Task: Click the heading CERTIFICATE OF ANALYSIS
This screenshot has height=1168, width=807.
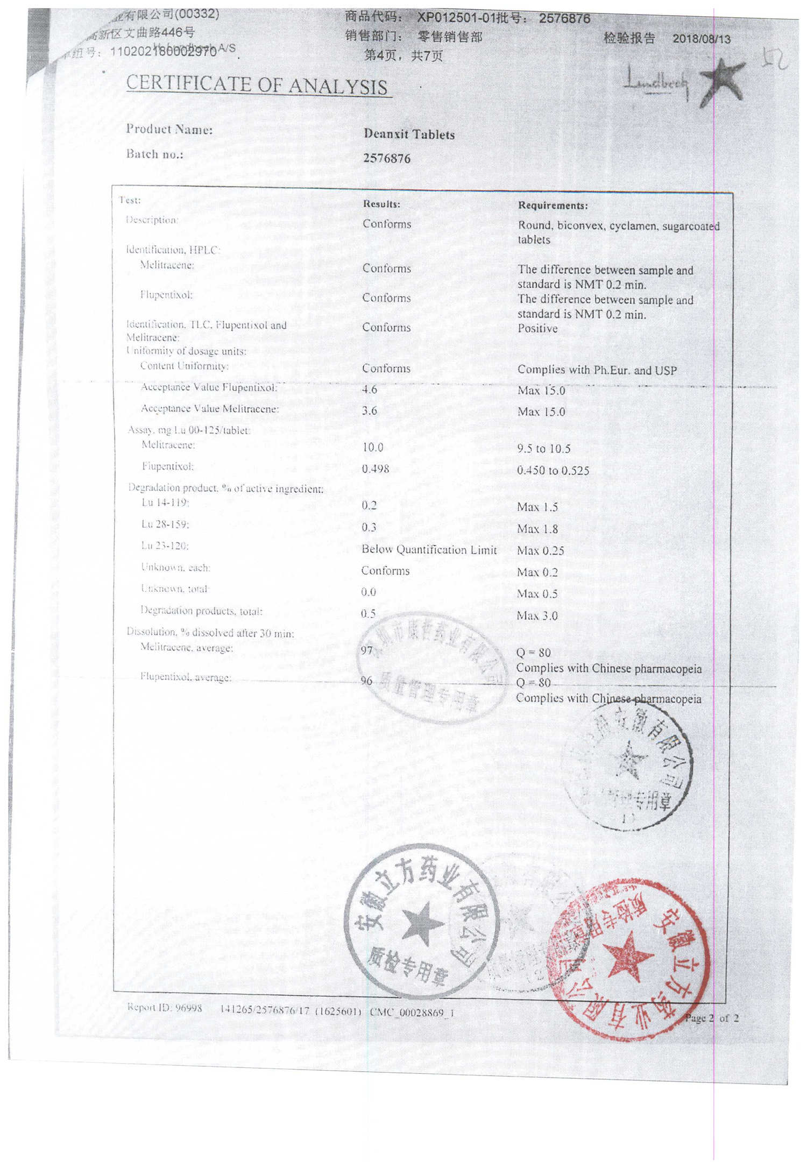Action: point(257,85)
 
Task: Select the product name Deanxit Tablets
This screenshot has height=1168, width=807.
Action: point(409,134)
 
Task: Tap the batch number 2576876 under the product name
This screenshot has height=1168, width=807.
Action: point(386,158)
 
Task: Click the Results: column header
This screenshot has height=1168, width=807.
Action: point(381,204)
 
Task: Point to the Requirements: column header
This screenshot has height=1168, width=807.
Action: point(553,206)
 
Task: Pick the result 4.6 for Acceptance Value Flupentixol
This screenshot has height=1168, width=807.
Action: point(370,389)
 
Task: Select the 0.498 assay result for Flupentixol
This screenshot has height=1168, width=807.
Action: point(376,469)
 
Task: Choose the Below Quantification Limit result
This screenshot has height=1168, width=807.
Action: point(429,549)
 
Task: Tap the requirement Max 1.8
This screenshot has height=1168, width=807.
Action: point(537,529)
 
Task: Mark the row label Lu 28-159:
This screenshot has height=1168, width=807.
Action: point(165,524)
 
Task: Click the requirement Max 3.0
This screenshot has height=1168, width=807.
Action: point(537,615)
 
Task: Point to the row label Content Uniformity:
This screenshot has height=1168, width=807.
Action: point(184,366)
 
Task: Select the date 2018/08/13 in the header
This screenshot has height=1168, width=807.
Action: point(701,39)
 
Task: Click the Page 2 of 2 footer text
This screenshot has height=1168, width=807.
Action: point(711,1018)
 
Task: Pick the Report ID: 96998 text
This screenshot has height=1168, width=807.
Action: point(165,1008)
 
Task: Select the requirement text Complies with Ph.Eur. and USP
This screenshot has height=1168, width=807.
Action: point(597,370)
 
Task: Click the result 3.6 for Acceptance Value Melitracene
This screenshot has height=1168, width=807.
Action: point(370,410)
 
